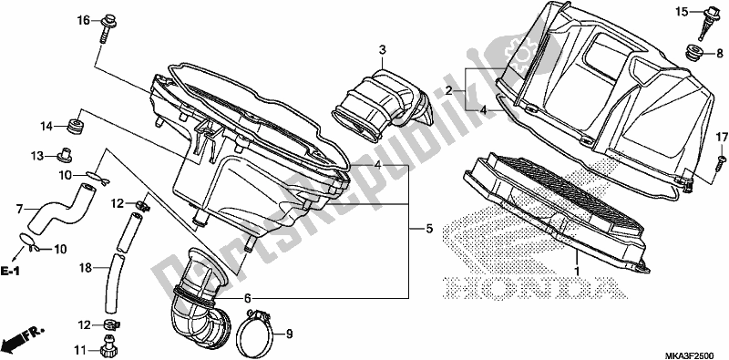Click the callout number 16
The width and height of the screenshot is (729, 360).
click(x=82, y=20)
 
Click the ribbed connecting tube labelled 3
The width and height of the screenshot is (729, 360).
click(x=378, y=100)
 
